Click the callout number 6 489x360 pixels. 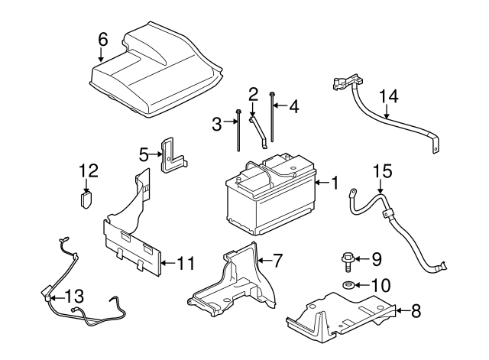(x=103, y=39)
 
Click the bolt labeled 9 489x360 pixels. (x=346, y=260)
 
